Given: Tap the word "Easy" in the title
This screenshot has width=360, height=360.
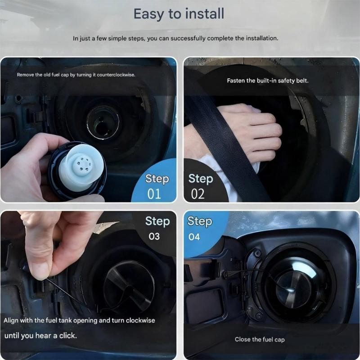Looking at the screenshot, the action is [x=149, y=14].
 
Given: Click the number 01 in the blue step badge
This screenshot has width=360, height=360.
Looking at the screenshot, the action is [x=154, y=194].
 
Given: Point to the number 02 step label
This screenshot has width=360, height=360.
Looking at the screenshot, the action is [x=198, y=194].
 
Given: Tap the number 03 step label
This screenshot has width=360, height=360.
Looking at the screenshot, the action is [x=154, y=237].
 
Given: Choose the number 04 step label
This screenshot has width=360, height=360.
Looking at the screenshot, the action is [x=194, y=237].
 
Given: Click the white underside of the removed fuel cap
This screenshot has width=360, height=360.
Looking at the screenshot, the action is [x=81, y=164].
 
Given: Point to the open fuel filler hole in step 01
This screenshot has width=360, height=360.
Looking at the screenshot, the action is [x=103, y=123].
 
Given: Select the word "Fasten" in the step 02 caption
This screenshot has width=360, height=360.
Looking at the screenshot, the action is [x=235, y=81].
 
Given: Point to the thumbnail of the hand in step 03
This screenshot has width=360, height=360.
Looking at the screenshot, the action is [x=40, y=271].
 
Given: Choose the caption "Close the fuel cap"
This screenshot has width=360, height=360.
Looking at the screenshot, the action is [x=260, y=340].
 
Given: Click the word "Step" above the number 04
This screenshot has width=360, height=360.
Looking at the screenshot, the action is [x=200, y=221].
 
